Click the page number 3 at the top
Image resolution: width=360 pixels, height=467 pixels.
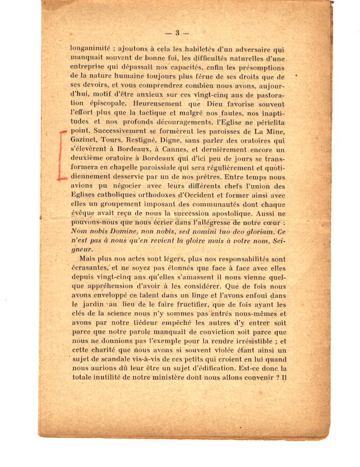pyautogui.click(x=177, y=33)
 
